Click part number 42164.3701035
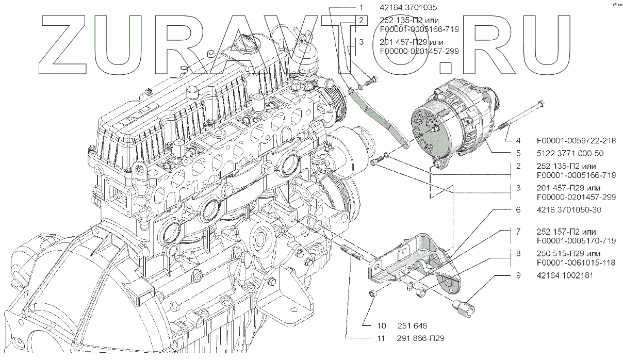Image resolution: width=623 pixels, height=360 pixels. pyautogui.click(x=407, y=8)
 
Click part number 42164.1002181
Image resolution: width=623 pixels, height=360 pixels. pyautogui.click(x=565, y=275)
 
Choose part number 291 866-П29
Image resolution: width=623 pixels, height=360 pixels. pyautogui.click(x=421, y=338)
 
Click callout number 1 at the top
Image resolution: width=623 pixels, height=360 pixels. pyautogui.click(x=362, y=8)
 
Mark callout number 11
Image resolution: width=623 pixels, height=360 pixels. pyautogui.click(x=382, y=338)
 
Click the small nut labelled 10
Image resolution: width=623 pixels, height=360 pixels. pyautogui.click(x=372, y=294)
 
